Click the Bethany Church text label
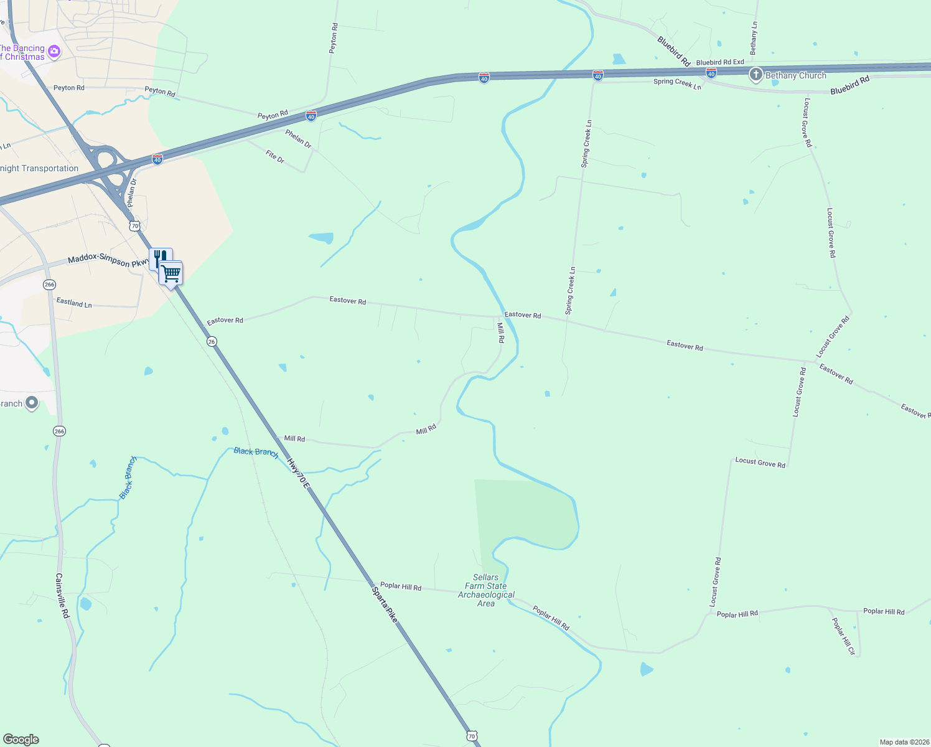(x=795, y=75)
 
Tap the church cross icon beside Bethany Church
(x=756, y=75)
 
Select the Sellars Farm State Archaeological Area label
(x=486, y=590)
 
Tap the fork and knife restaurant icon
(x=160, y=258)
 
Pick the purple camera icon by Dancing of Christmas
(x=54, y=51)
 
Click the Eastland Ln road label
(x=74, y=303)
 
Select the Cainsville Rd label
(x=63, y=596)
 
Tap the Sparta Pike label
(x=384, y=604)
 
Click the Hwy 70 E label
(x=297, y=472)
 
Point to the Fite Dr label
(x=275, y=157)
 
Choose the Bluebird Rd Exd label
(x=720, y=62)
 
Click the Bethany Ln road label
(x=754, y=38)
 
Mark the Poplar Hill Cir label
(x=844, y=636)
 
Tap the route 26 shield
(x=212, y=341)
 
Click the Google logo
(x=21, y=740)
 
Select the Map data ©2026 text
(x=904, y=742)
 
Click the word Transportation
(x=50, y=168)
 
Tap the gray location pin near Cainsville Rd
(x=32, y=403)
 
